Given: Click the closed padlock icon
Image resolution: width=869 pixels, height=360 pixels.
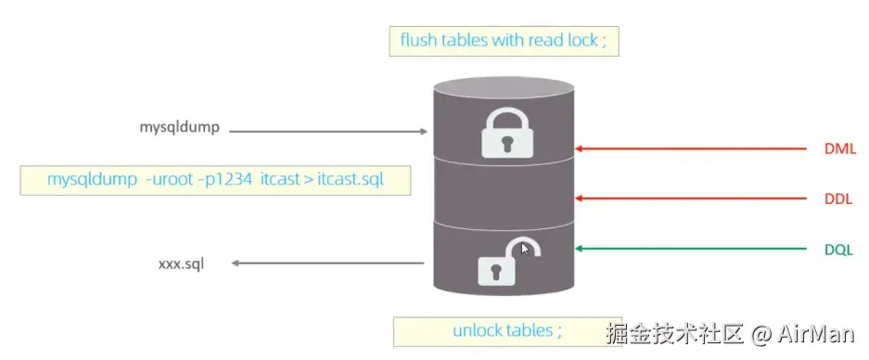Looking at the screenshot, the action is (x=506, y=133).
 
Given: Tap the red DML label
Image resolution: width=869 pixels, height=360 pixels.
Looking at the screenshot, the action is (x=840, y=149).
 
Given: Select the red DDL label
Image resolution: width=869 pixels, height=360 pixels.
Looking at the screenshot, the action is (x=839, y=199).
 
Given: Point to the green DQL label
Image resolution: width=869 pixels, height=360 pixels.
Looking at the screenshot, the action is (x=839, y=250).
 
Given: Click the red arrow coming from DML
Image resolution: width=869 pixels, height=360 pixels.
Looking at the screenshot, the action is (x=691, y=148).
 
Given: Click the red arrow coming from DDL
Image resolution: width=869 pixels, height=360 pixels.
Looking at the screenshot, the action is (x=691, y=199).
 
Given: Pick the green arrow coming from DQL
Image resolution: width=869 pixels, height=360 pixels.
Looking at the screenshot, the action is (x=691, y=249).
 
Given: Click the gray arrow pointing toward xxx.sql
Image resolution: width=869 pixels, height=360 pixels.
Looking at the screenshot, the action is (x=327, y=263).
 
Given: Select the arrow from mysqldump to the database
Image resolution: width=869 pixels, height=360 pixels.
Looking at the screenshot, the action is (x=328, y=132).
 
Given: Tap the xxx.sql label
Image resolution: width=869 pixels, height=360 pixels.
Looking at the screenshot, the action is (x=181, y=264).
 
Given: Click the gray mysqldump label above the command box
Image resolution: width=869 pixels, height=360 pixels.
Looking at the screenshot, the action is (x=180, y=128).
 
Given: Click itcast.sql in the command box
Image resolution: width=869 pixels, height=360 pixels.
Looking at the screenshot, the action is (x=351, y=180).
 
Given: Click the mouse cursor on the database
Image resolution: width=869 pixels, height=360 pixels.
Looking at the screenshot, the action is (x=525, y=249).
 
